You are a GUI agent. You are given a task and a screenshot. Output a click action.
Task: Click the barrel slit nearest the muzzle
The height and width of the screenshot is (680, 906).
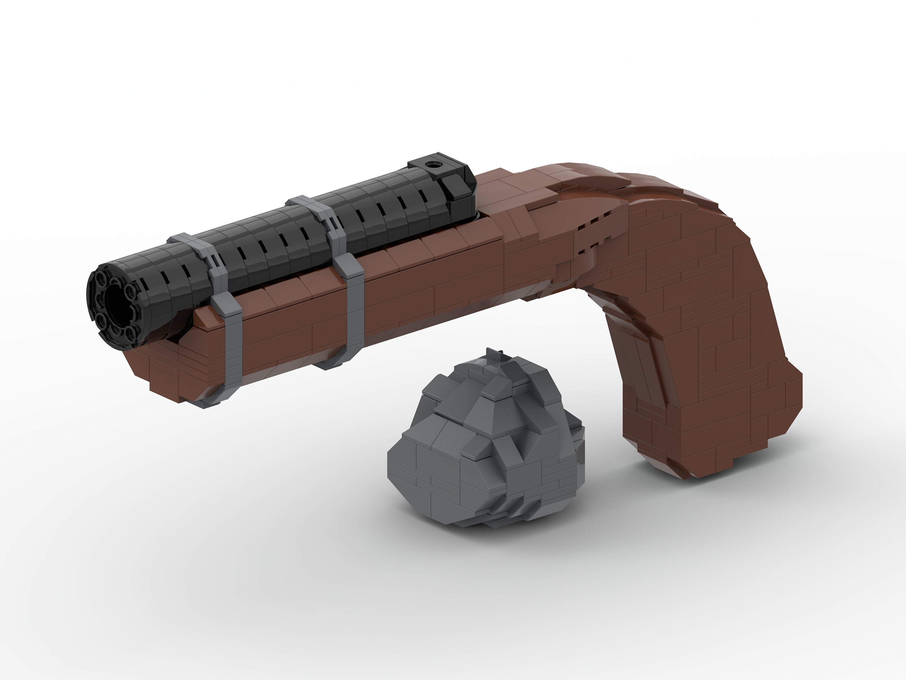[164, 279]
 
